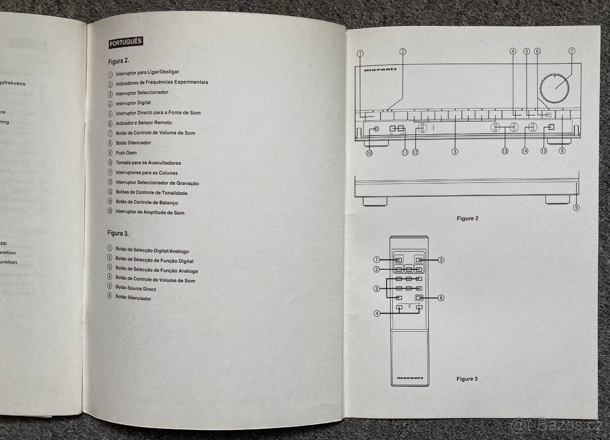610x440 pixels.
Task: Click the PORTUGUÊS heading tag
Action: pos(126,43)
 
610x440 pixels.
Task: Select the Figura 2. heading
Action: pos(119,61)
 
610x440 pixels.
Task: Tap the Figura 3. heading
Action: pos(118,233)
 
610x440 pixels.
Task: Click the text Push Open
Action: pos(126,152)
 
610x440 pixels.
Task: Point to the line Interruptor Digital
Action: pos(133,103)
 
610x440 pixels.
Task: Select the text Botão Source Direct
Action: pos(136,289)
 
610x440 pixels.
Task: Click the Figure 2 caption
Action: pos(467,218)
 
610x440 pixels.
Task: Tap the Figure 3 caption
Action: pos(467,379)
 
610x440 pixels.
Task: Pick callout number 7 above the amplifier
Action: pos(571,51)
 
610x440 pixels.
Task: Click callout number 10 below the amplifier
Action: pos(369,152)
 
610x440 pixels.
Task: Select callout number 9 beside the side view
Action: pos(576,207)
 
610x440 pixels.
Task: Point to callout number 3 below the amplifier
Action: pos(455,151)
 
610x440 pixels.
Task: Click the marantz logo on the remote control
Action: pos(409,378)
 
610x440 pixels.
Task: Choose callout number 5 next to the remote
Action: pos(441,260)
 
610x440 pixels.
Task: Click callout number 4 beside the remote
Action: pos(377,313)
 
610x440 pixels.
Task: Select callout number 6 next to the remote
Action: pos(441,298)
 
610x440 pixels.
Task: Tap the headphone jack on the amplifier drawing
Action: pos(376,129)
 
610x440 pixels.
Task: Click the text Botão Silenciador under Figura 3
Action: pos(133,298)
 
